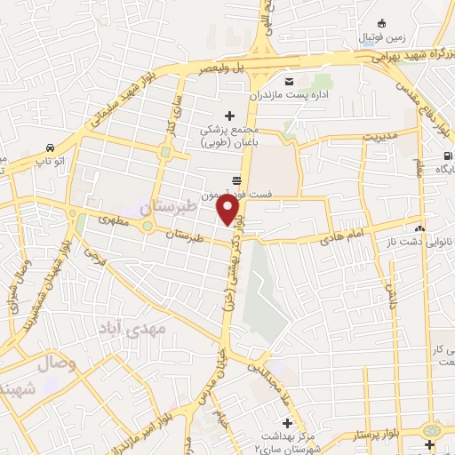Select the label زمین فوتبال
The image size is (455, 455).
(381, 39)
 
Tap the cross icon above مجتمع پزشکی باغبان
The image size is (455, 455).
(230, 115)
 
